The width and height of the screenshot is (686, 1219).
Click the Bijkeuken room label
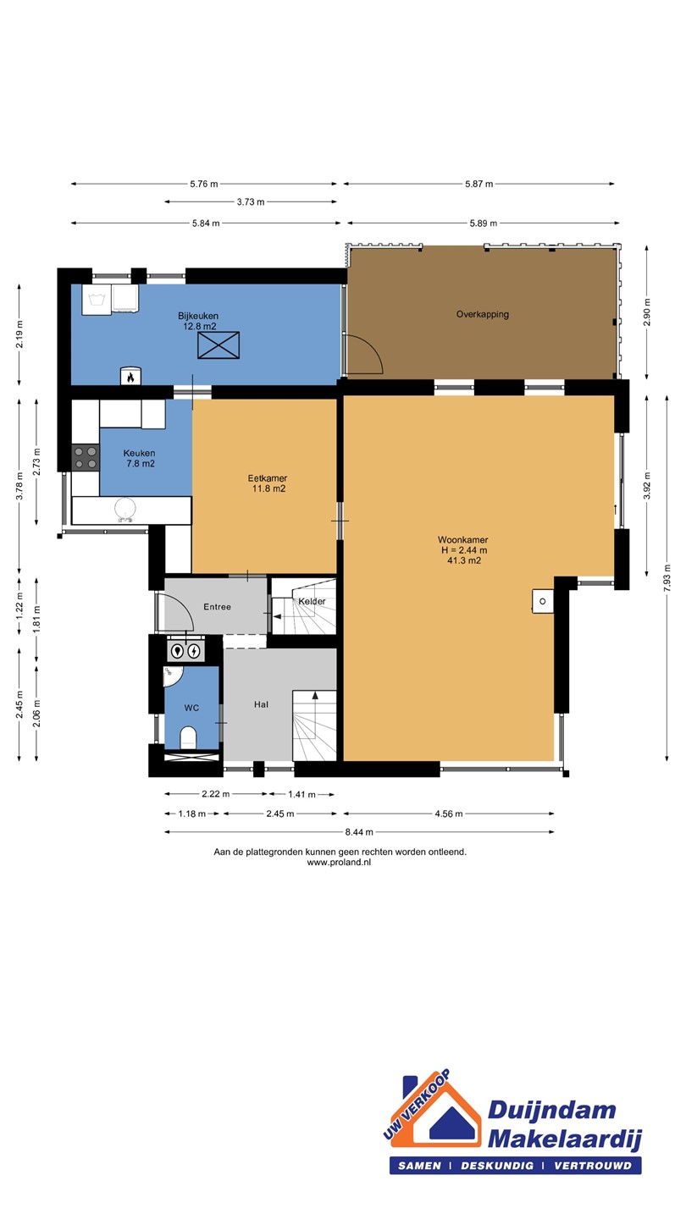[x=198, y=316]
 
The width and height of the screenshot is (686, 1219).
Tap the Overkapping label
[x=483, y=314]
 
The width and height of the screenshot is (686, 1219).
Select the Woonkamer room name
[x=462, y=540]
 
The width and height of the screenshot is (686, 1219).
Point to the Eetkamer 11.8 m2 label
[x=268, y=483]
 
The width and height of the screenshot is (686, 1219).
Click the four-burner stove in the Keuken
[x=86, y=457]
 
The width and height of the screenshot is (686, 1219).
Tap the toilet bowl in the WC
[x=188, y=737]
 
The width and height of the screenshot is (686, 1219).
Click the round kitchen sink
[x=125, y=510]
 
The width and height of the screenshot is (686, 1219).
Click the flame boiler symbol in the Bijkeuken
[x=130, y=376]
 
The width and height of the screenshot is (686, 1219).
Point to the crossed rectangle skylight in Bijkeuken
[x=219, y=345]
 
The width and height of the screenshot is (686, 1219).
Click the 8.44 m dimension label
[x=359, y=832]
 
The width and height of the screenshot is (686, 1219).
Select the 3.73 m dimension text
[x=251, y=201]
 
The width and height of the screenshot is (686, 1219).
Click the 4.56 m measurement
[x=449, y=814]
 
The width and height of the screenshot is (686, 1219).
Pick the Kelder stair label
[x=312, y=601]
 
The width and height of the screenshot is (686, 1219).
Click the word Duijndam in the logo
[x=551, y=1110]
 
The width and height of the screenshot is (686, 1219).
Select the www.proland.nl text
[x=339, y=863]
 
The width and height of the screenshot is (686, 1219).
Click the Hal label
[x=262, y=704]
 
